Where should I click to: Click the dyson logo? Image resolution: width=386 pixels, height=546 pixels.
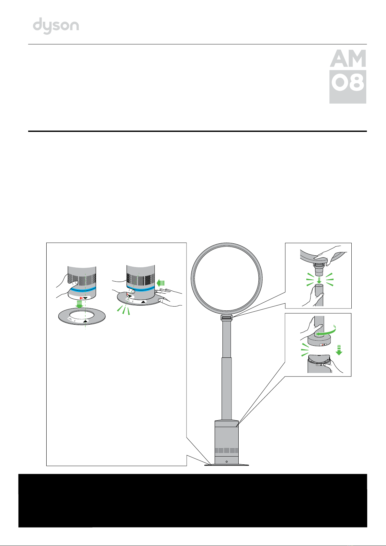pos(56,26)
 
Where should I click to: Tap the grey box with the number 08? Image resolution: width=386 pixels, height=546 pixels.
pos(347,87)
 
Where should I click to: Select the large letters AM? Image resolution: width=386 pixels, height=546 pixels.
pos(348,58)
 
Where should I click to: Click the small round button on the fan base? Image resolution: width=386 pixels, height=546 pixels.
pos(226,461)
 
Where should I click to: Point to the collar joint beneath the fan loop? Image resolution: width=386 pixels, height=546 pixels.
pos(226,318)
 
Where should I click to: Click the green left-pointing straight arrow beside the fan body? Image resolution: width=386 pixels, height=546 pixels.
pos(161,283)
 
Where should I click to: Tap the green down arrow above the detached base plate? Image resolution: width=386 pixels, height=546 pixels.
pos(79,305)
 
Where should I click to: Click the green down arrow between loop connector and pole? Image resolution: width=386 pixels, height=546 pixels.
pos(319,280)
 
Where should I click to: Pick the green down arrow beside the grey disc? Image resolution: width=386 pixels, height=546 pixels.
pos(339,350)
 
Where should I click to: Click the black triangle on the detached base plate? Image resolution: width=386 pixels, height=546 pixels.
pos(85,321)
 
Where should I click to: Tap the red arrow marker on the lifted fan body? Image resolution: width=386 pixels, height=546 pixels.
pos(81,298)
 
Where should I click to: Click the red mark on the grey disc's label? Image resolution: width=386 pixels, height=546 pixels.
pos(323,345)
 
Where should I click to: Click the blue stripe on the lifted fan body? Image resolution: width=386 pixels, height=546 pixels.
pos(82,289)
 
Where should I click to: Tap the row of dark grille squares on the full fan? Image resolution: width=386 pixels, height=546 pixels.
pos(226,450)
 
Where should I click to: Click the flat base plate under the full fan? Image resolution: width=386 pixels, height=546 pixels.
pos(226,465)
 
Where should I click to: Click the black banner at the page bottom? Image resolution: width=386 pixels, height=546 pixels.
pos(193,501)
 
